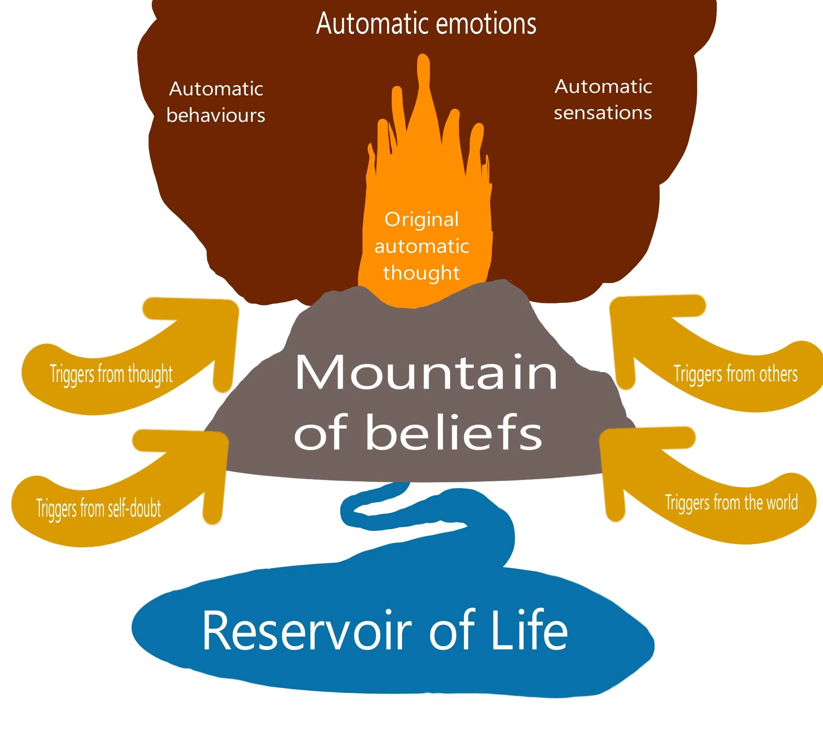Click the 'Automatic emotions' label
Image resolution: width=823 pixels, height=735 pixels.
point(426,23)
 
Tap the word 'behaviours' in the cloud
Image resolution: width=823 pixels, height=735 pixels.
point(216,116)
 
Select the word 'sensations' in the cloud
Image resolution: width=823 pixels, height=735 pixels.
point(602,113)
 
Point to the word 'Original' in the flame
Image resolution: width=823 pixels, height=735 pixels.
point(421,220)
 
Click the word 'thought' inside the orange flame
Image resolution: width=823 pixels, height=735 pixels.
point(421,273)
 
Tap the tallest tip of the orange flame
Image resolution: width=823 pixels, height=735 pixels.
point(423,61)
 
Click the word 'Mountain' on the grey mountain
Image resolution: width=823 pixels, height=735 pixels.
point(426,372)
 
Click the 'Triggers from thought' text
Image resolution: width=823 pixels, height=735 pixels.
point(111,374)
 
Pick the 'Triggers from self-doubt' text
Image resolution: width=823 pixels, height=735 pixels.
point(99,508)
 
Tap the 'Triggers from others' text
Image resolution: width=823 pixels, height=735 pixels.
point(735,374)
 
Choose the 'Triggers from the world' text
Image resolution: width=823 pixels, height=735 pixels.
point(731,503)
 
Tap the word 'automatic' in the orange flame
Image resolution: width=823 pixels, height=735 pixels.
point(421,246)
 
